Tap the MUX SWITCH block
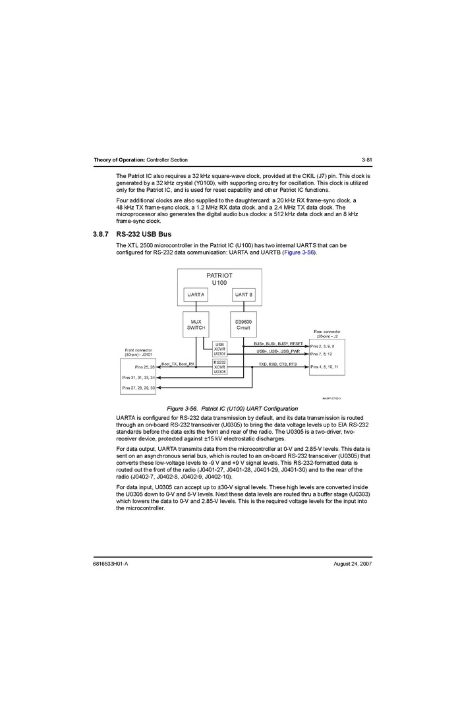(x=196, y=324)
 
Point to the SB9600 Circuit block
(x=243, y=324)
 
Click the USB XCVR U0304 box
(x=219, y=349)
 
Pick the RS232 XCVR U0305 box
(x=219, y=367)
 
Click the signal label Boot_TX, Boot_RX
(x=178, y=364)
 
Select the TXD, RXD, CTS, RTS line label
(x=277, y=364)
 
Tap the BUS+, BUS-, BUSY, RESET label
(x=278, y=343)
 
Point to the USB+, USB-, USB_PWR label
(x=278, y=351)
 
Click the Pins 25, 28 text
(x=144, y=367)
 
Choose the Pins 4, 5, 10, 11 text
(x=324, y=366)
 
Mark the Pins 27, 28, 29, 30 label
(x=138, y=388)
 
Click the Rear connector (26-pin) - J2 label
(x=327, y=334)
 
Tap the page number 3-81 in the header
(x=367, y=160)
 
